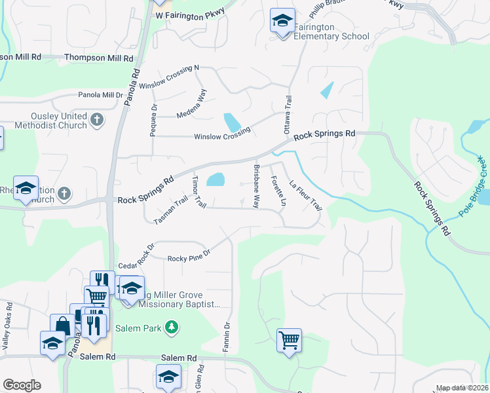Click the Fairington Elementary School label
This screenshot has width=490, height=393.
pos(332,31)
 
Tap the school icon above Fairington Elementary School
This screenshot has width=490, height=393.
pos(282,21)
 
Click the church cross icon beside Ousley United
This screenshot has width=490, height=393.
pos(96,119)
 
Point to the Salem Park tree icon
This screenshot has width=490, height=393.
pos(171,327)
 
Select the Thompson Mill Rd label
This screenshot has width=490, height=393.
pos(98,58)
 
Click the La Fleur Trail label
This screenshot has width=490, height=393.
pos(306,195)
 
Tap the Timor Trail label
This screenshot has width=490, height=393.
pos(198,192)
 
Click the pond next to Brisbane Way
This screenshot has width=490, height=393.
pos(216,179)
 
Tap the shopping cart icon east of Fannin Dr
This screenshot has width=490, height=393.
pos(289,341)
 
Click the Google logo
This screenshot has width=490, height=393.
pos(22,385)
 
